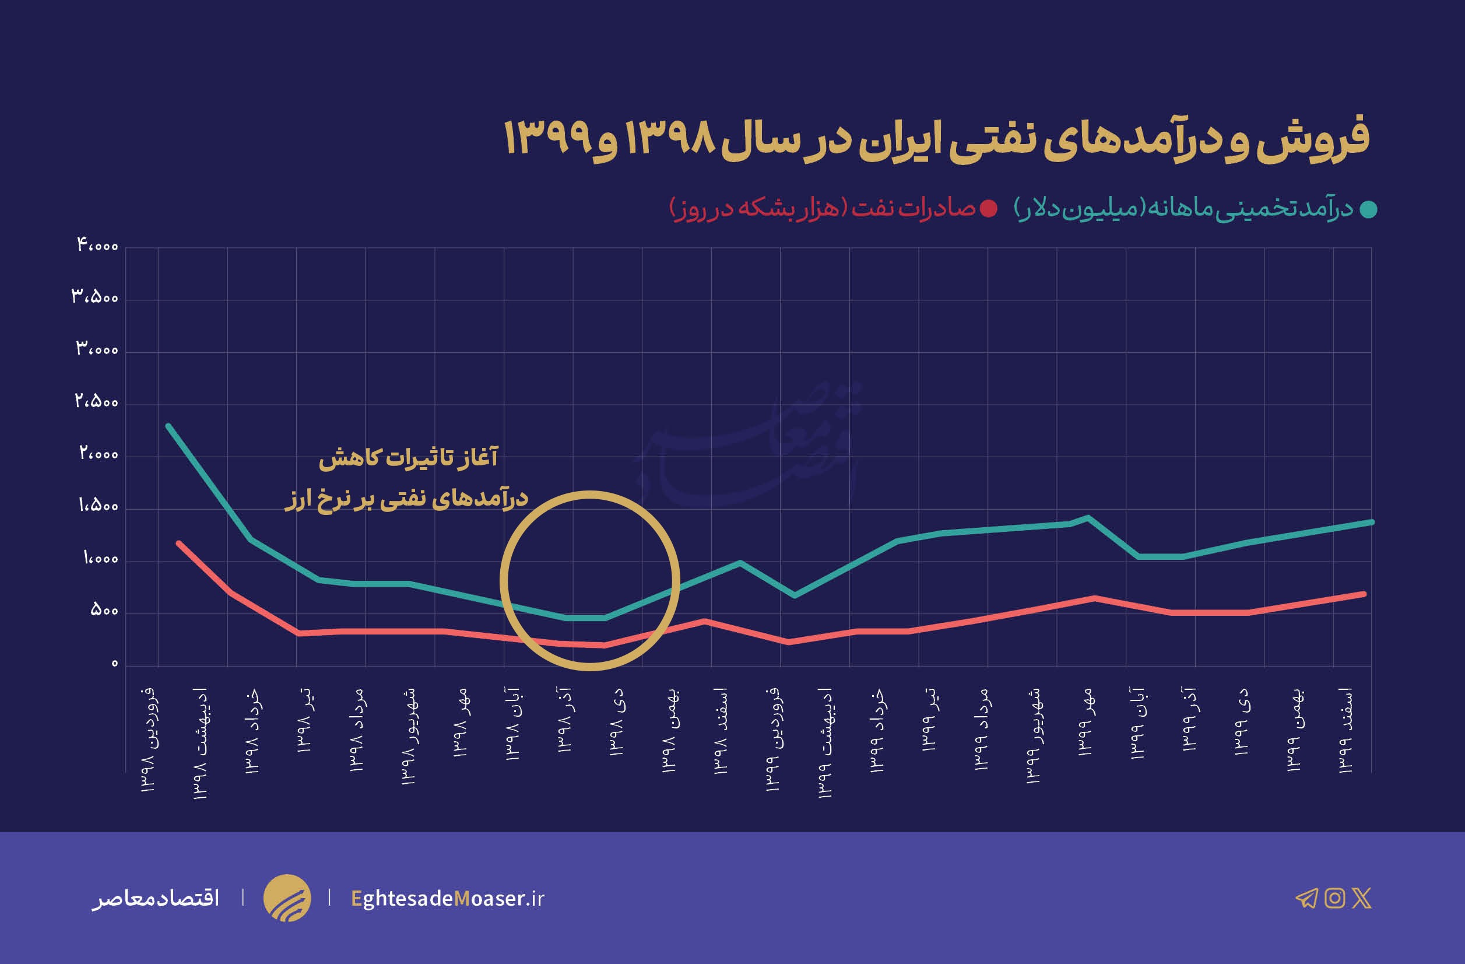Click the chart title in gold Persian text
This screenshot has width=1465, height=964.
click(936, 139)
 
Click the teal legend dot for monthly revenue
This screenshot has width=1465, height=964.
click(1368, 209)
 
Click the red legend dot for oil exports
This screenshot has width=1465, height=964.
click(989, 209)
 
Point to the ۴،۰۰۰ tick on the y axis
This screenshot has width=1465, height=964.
click(97, 245)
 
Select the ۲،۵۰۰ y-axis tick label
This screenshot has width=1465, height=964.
click(96, 401)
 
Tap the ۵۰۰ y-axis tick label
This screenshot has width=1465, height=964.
click(103, 610)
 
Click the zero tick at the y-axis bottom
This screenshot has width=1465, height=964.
click(114, 664)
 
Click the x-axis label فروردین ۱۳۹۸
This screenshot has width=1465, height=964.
click(150, 739)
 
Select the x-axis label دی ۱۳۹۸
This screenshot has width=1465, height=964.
click(617, 720)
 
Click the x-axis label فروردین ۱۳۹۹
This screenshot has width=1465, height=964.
click(774, 739)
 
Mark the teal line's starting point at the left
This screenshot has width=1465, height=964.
click(168, 426)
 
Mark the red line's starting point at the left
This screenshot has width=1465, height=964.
click(178, 544)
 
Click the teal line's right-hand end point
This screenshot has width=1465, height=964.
click(1372, 522)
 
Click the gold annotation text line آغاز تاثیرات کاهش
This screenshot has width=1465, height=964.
click(408, 458)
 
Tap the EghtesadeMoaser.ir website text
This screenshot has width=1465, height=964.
click(448, 898)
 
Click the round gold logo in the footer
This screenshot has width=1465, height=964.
click(287, 898)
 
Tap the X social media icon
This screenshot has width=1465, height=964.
click(1362, 898)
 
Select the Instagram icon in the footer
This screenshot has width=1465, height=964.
click(1334, 898)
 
